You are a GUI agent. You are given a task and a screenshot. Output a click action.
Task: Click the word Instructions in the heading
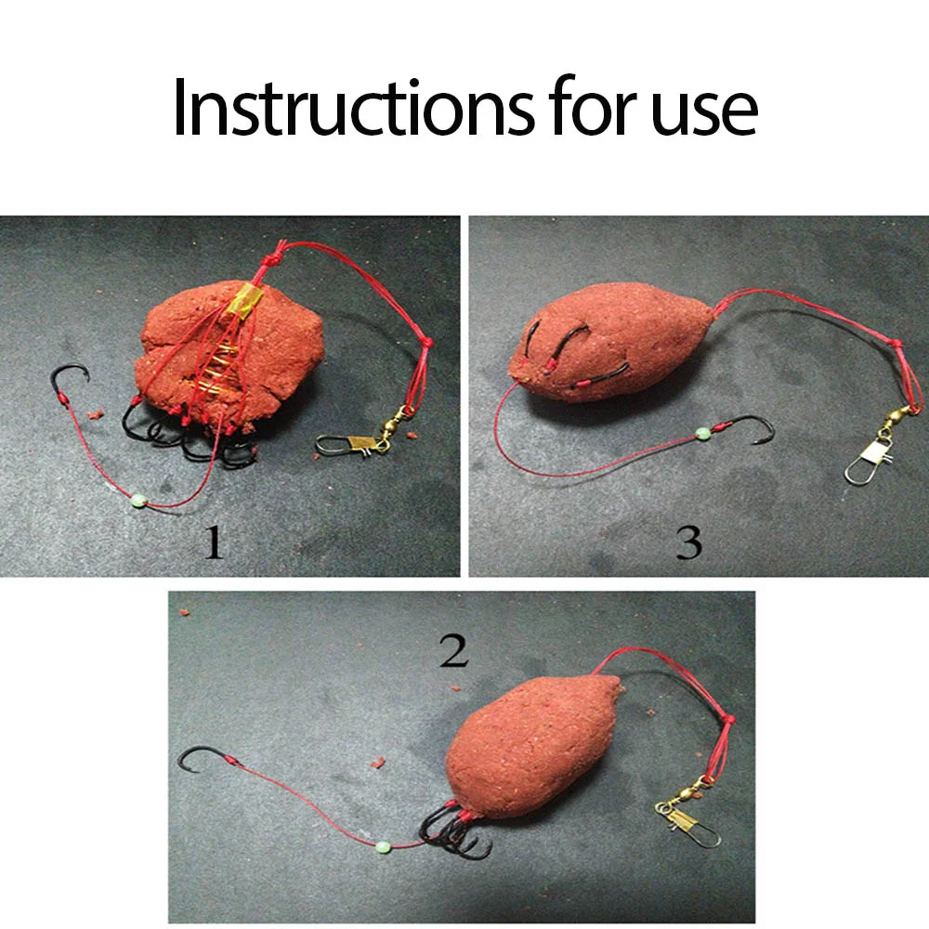tap(354, 107)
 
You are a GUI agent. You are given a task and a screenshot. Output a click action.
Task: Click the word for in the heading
tap(593, 106)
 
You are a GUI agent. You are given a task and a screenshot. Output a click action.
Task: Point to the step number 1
tap(214, 543)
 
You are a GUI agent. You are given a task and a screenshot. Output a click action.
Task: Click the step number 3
tap(688, 543)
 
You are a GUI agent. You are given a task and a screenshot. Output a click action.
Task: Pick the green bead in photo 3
tap(702, 434)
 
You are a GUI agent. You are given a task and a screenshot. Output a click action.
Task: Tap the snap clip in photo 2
tap(687, 822)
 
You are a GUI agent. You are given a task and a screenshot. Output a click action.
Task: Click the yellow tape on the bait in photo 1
tap(245, 298)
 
